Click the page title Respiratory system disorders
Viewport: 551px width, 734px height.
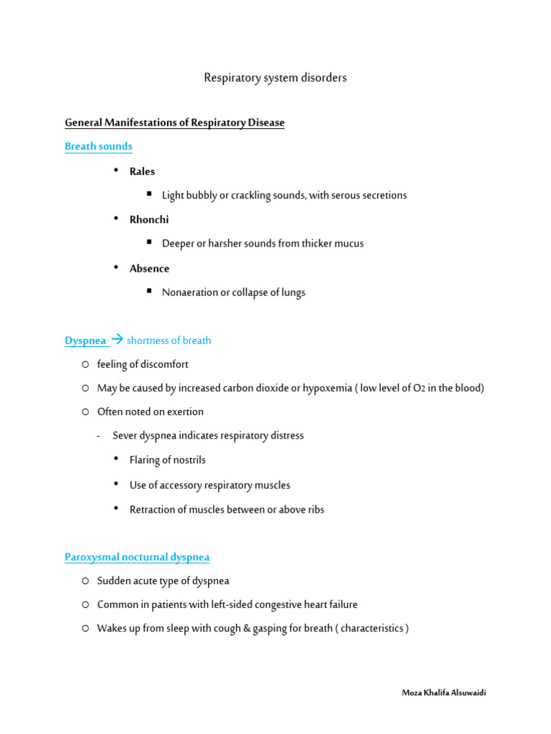point(275,77)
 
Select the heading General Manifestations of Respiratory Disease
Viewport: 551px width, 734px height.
point(174,123)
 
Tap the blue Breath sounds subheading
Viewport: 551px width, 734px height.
point(98,146)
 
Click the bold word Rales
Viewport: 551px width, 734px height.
point(142,171)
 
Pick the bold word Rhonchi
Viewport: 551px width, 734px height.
point(149,219)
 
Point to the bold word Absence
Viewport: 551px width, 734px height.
point(149,268)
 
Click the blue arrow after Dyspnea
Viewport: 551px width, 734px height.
point(118,340)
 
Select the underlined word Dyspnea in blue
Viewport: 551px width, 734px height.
point(85,340)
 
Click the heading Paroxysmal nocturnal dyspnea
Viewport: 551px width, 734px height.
point(137,557)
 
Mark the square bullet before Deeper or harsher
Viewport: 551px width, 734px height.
point(149,242)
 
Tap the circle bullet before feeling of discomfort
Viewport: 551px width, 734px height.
point(85,364)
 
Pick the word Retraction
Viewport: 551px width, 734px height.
point(153,510)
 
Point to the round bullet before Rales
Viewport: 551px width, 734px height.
point(117,170)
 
